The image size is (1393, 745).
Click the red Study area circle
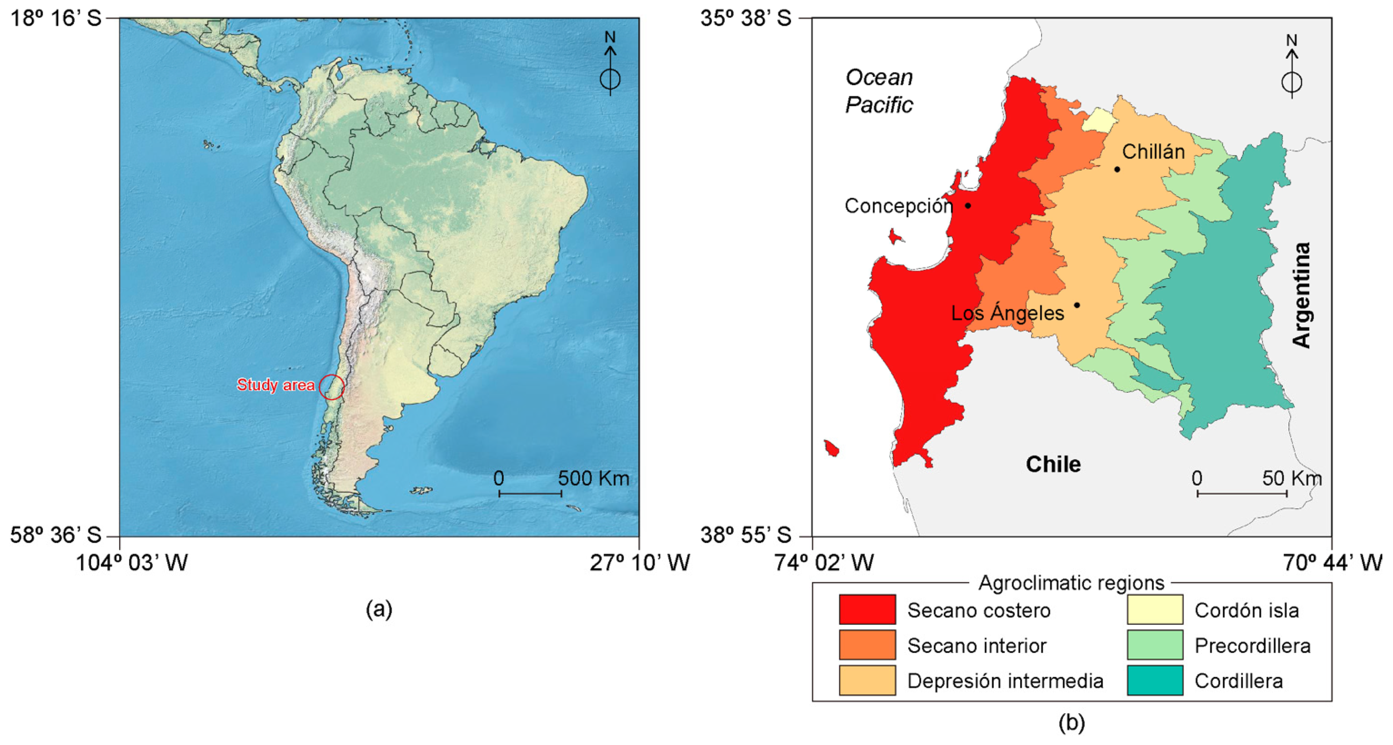[x=331, y=387]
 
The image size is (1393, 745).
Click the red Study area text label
[x=276, y=385]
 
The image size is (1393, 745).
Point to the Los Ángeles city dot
[x=1077, y=305]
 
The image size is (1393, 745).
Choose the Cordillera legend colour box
[x=1155, y=680]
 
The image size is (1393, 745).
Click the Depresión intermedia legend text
[x=1005, y=681]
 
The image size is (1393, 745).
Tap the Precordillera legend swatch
[x=1155, y=645]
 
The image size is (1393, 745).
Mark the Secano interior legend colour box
[x=867, y=645]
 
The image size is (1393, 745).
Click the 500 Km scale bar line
[x=530, y=493]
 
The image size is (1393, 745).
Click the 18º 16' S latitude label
[x=56, y=18]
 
